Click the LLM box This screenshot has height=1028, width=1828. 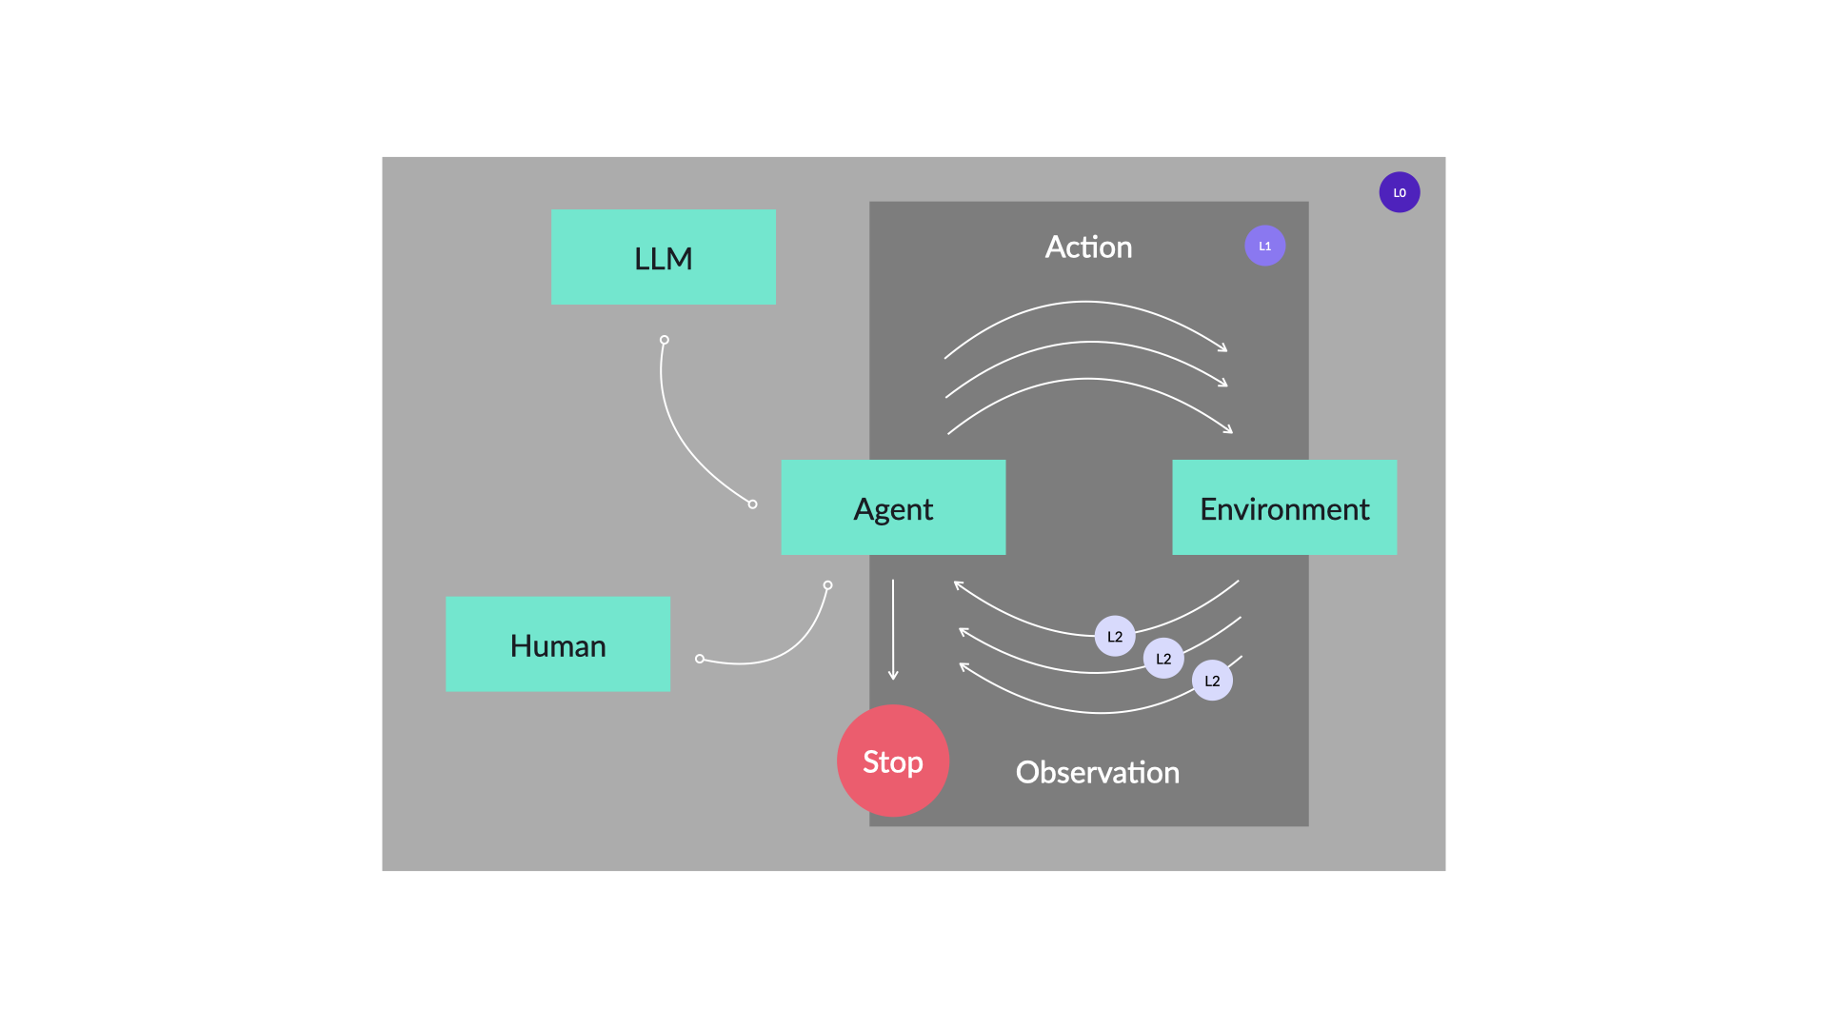click(664, 257)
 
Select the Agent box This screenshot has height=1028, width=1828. click(893, 507)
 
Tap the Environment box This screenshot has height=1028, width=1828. click(1284, 507)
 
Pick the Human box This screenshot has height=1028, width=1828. click(558, 644)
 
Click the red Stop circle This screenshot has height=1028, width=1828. click(893, 761)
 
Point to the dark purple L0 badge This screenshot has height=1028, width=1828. click(1400, 192)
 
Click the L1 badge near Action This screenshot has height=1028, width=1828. click(1265, 246)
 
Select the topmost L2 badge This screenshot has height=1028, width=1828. click(1115, 636)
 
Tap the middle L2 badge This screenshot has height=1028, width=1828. click(1163, 658)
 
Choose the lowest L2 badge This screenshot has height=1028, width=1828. click(1212, 681)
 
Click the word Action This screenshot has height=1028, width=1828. click(1088, 247)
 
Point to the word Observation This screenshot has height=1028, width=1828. click(1098, 772)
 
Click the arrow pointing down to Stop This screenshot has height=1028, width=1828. click(893, 629)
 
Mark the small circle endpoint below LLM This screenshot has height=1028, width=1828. click(665, 340)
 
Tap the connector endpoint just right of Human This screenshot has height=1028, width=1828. click(700, 659)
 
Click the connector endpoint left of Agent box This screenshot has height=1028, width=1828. click(752, 504)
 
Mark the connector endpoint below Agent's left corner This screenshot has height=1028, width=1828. click(827, 585)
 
